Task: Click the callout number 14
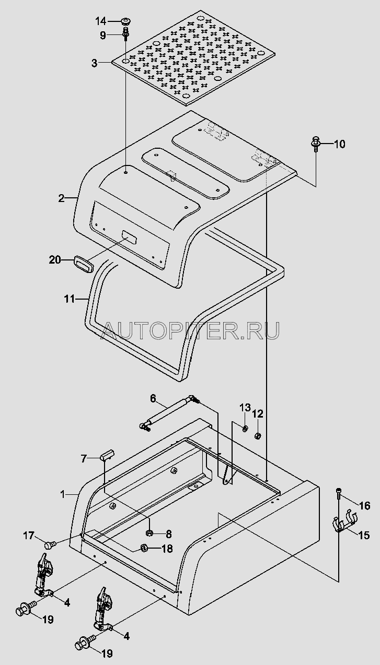coord(100,21)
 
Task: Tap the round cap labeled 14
coord(125,21)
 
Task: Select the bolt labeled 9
coord(125,35)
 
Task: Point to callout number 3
coord(94,64)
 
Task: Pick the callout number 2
coord(61,198)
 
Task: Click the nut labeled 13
coord(245,429)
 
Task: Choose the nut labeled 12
coord(258,436)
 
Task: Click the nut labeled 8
coord(148,533)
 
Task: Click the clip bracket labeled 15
coord(342,524)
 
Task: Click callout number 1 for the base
coord(63,493)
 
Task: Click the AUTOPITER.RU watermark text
coord(190,329)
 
